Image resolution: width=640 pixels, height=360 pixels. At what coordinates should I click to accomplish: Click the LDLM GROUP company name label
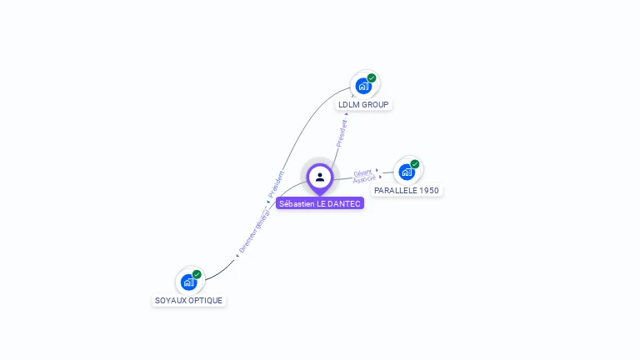[x=363, y=105]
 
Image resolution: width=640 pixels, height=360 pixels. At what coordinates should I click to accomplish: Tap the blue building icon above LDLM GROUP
[x=363, y=86]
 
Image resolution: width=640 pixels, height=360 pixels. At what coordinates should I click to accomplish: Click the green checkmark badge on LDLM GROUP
[x=372, y=78]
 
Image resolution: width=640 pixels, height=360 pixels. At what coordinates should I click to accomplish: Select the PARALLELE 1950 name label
[x=407, y=191]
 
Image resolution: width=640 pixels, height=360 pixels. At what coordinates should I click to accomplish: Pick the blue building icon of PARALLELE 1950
[x=407, y=172]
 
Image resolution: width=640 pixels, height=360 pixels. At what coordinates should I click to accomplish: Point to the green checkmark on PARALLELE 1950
[x=415, y=164]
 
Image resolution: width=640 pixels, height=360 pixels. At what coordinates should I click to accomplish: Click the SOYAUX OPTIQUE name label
[x=189, y=301]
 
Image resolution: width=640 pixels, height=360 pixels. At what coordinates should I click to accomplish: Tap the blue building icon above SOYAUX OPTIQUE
[x=188, y=282]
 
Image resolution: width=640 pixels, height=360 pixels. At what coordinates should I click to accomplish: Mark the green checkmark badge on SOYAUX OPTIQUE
[x=197, y=274]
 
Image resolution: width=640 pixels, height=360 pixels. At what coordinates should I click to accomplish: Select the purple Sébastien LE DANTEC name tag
[x=320, y=203]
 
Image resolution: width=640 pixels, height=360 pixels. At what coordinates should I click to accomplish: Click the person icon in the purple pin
[x=320, y=177]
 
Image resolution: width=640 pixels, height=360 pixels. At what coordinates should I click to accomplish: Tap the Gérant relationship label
[x=362, y=172]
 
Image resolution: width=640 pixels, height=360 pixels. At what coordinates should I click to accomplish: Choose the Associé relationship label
[x=363, y=180]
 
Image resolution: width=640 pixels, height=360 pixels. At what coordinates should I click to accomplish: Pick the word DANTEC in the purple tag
[x=344, y=203]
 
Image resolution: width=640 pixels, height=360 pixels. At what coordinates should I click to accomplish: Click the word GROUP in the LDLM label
[x=376, y=105]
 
